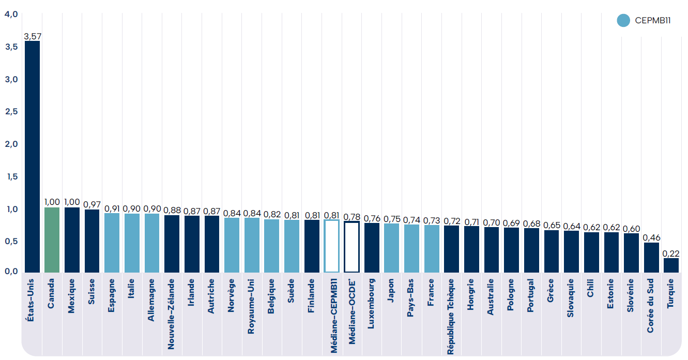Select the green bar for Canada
coord(52,240)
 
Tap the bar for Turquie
coord(671,265)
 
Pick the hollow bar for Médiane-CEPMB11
coord(332,246)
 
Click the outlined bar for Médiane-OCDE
coord(351,247)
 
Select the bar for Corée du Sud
coord(651,258)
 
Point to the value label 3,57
coord(33,36)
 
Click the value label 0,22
coord(671,253)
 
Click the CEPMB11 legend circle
coord(624,21)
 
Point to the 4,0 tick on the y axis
coord(11,14)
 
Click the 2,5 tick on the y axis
coord(11,112)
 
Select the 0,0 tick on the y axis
coord(11,272)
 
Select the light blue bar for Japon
coord(391,248)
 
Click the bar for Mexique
coord(72,240)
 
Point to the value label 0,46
coord(651,238)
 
